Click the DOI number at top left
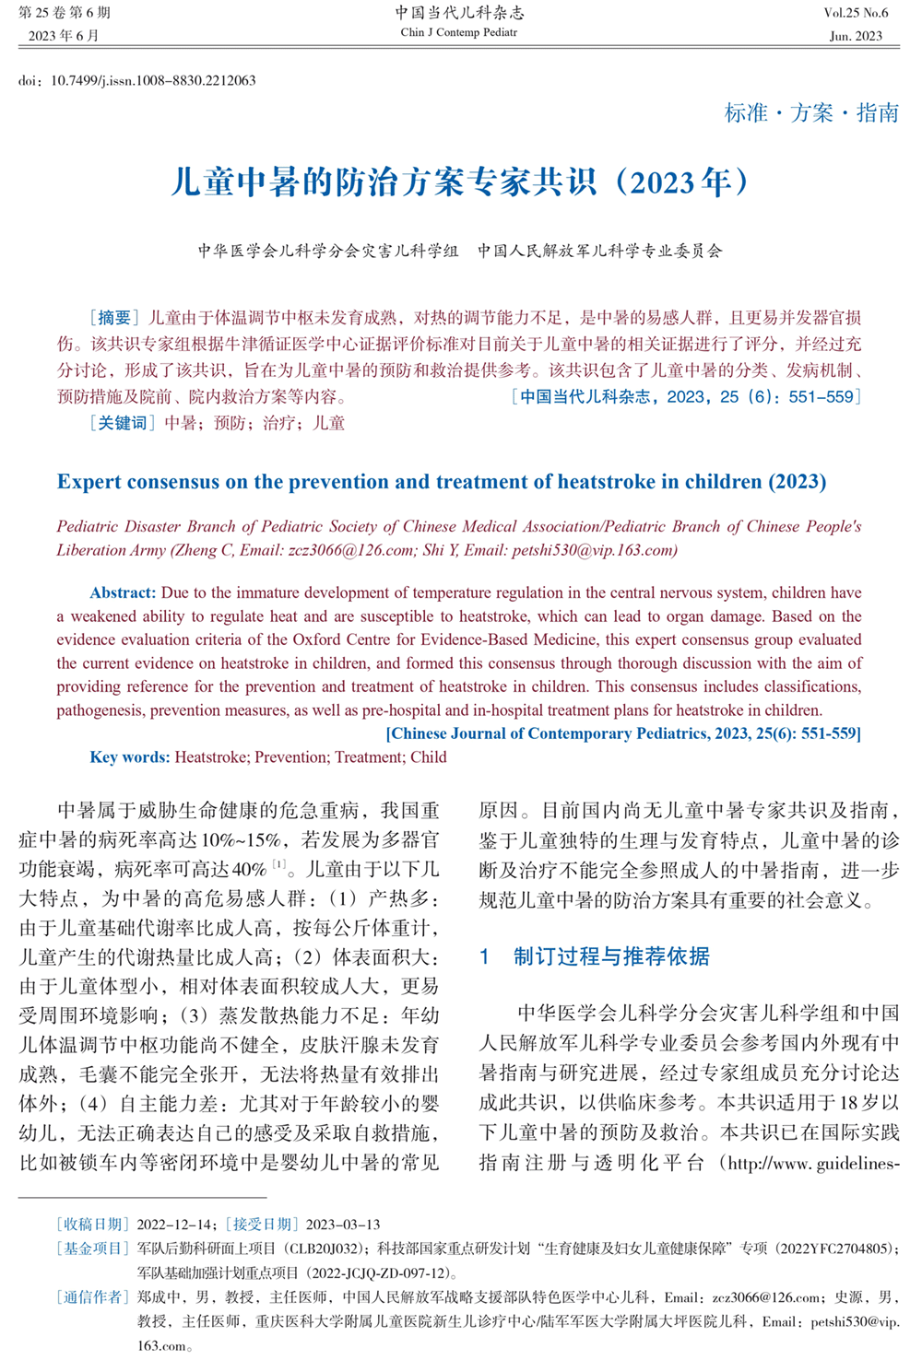pos(152,80)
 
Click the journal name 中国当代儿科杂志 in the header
pos(459,12)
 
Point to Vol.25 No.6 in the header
pos(856,13)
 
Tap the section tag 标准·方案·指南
pos(811,112)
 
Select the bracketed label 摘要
pos(114,318)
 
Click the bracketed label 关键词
pos(122,423)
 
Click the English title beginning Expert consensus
pos(441,482)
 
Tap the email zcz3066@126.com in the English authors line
pos(351,550)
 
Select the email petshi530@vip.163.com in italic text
pos(583,550)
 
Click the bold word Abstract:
pos(124,592)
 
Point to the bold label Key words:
pos(130,757)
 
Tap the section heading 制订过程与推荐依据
pos(611,956)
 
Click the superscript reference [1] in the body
pos(278,864)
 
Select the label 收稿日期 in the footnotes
pos(92,1225)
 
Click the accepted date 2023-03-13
pos(343,1225)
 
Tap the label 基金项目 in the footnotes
pos(92,1249)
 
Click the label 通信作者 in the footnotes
pos(92,1297)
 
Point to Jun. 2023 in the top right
pos(856,36)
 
